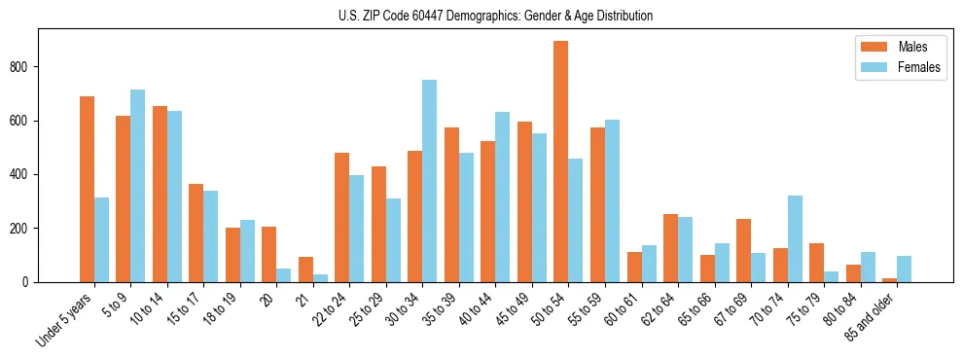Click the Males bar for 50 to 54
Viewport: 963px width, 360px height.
click(561, 162)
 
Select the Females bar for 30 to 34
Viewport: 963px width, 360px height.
click(429, 181)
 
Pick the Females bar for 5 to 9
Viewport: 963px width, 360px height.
click(137, 186)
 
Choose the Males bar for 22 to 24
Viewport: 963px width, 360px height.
click(341, 217)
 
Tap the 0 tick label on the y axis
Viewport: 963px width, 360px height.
click(30, 282)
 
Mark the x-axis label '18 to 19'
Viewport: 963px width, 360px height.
click(220, 307)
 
